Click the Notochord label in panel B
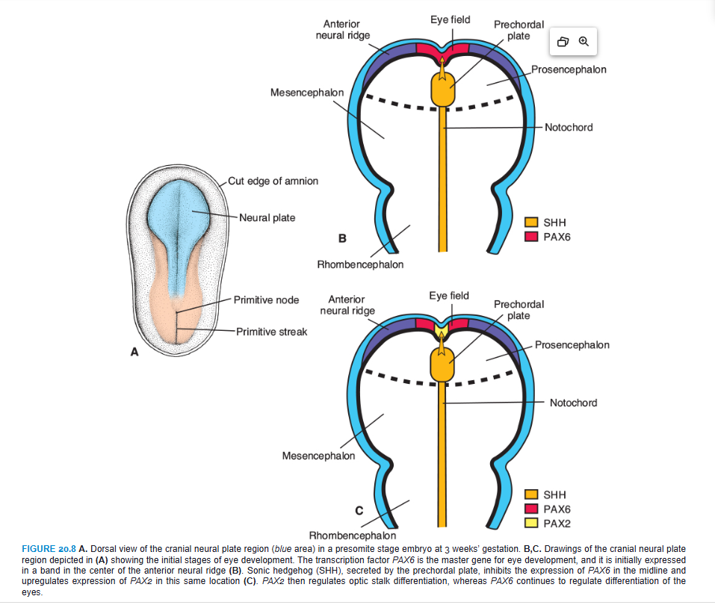(568, 128)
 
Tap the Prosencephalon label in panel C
(572, 345)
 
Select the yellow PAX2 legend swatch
(531, 524)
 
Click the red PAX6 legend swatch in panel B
(531, 237)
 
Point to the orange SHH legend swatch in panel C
(531, 494)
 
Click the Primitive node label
(266, 300)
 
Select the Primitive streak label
(270, 332)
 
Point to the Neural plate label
(267, 218)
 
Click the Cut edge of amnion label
(273, 181)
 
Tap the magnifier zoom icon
(584, 42)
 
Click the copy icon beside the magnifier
(563, 42)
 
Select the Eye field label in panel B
(450, 19)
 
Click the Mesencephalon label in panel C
(318, 456)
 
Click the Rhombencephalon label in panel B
(360, 264)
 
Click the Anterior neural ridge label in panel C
(347, 305)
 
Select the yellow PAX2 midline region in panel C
(444, 327)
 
